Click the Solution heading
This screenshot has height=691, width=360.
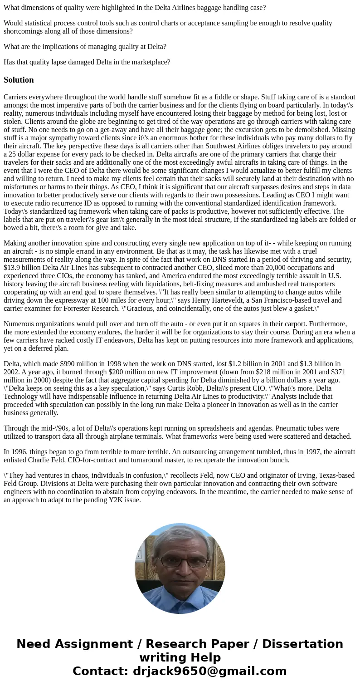(19, 80)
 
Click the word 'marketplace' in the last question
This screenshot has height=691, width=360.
(149, 62)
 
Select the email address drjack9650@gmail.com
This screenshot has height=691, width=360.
(210, 671)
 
